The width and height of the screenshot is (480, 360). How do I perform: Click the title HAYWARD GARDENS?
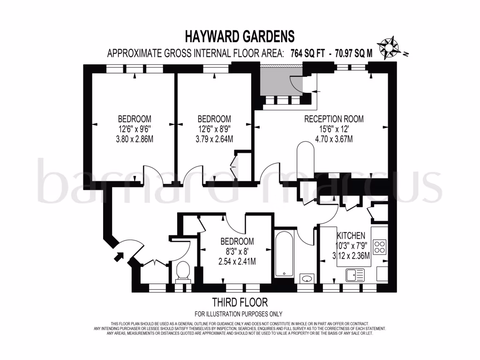click(x=240, y=36)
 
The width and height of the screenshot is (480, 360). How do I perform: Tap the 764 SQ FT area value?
click(x=307, y=53)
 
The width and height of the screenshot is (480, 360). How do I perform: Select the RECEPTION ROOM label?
click(x=334, y=119)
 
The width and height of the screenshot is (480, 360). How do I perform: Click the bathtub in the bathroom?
click(x=284, y=254)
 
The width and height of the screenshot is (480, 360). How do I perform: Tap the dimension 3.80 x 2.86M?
click(x=135, y=139)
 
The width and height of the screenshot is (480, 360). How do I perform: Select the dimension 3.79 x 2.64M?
click(x=214, y=139)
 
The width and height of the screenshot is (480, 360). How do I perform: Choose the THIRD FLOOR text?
click(x=240, y=302)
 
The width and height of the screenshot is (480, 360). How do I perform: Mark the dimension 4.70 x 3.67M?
click(x=334, y=139)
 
